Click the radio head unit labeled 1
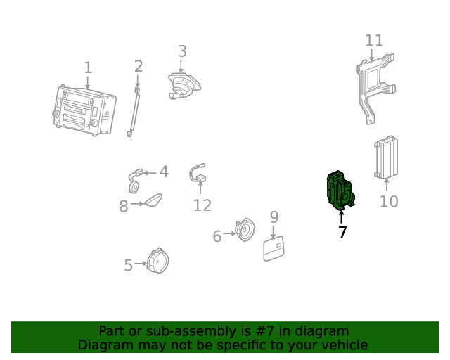click(x=84, y=110)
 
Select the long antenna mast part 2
click(x=134, y=112)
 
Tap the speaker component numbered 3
click(x=184, y=86)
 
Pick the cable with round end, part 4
click(x=135, y=180)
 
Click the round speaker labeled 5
click(x=157, y=261)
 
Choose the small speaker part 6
click(x=245, y=230)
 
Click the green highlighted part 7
click(x=340, y=191)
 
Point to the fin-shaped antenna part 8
click(x=153, y=200)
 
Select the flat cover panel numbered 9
click(x=274, y=249)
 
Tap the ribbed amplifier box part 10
click(x=386, y=157)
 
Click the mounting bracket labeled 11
click(x=375, y=88)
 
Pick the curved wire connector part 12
click(x=198, y=173)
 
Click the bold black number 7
click(x=342, y=232)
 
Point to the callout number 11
click(x=374, y=41)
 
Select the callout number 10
click(x=389, y=202)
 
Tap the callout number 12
click(x=202, y=205)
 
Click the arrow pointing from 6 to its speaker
click(x=229, y=233)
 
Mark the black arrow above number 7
click(x=341, y=217)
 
